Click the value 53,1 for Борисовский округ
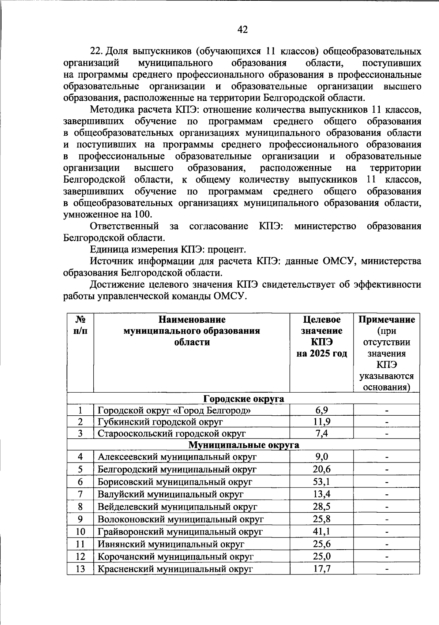pyautogui.click(x=322, y=482)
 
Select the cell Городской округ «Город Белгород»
pyautogui.click(x=174, y=410)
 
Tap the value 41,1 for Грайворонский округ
pyautogui.click(x=322, y=531)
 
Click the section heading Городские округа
pyautogui.click(x=243, y=398)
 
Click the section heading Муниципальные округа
pyautogui.click(x=243, y=445)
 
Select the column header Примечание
pyautogui.click(x=387, y=320)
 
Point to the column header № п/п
pyautogui.click(x=80, y=325)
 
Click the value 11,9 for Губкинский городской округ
pyautogui.click(x=322, y=422)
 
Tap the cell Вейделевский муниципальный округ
pyautogui.click(x=177, y=507)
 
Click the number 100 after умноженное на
pyautogui.click(x=144, y=215)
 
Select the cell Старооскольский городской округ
pyautogui.click(x=171, y=434)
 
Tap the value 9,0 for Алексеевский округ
pyautogui.click(x=322, y=457)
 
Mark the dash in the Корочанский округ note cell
pyautogui.click(x=386, y=557)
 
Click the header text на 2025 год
pyautogui.click(x=322, y=354)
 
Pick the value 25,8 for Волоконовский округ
pyautogui.click(x=322, y=519)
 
